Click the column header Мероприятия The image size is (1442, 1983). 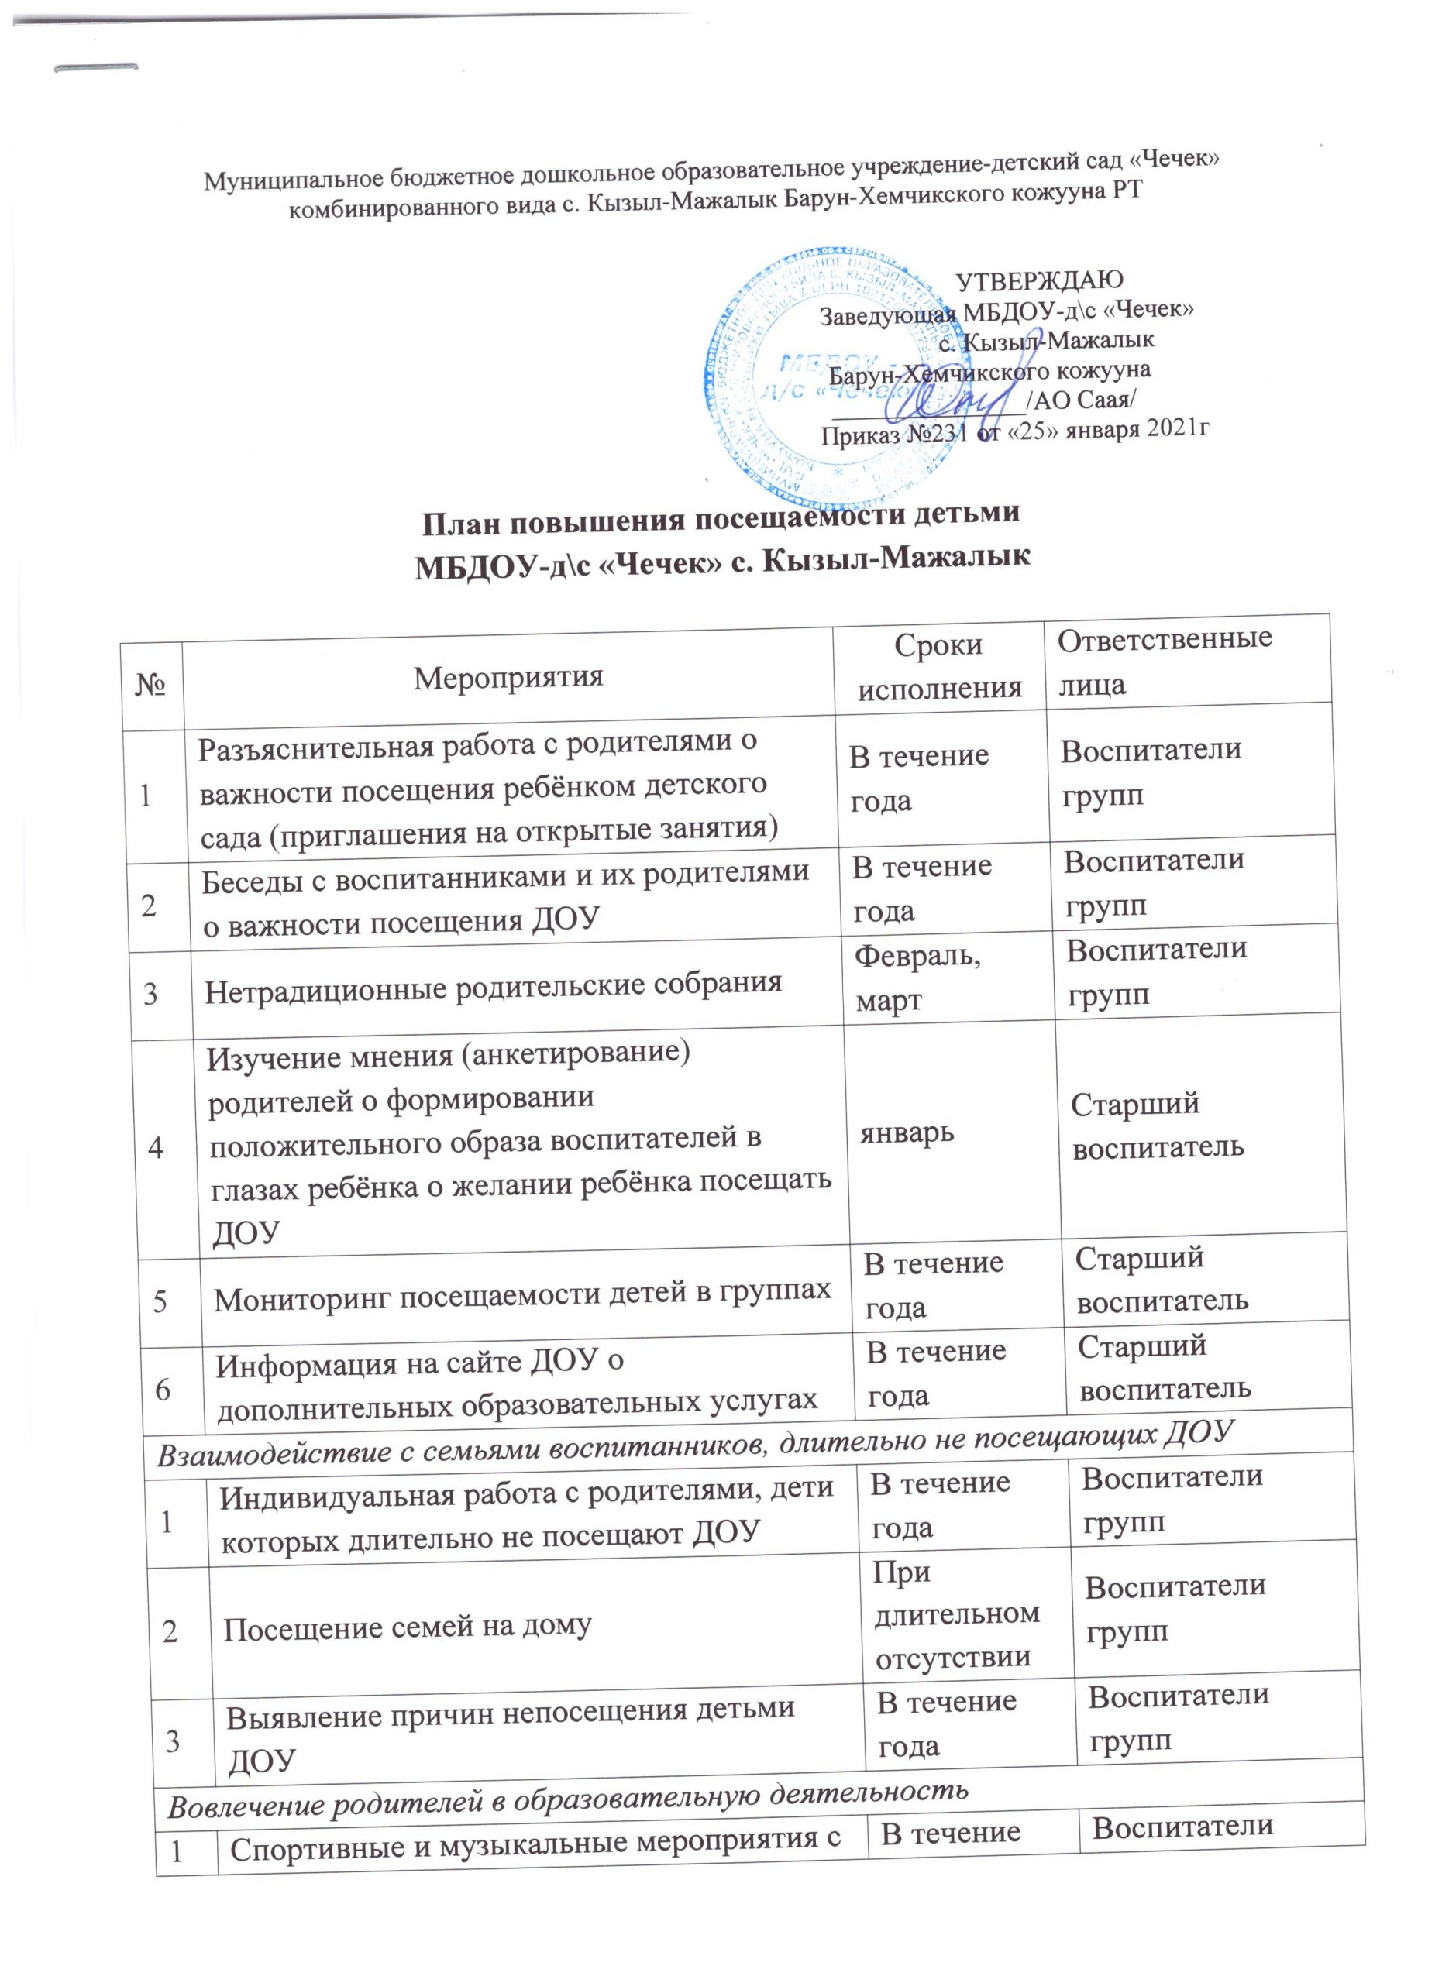click(x=508, y=678)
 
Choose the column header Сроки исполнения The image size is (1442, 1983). click(x=939, y=666)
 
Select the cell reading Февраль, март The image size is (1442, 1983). click(x=917, y=978)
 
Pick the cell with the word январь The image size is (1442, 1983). click(x=906, y=1133)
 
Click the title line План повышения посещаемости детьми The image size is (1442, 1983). click(x=721, y=516)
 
